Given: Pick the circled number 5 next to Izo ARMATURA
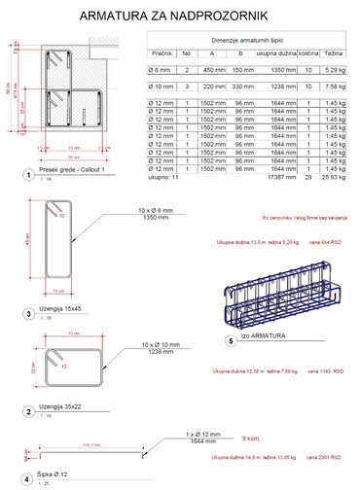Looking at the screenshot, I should (230, 341).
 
